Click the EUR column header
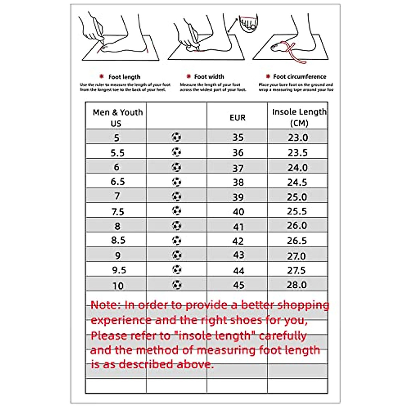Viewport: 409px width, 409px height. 237,118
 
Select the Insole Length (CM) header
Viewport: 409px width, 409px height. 299,117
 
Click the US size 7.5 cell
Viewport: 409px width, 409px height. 118,212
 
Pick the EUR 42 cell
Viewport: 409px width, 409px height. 238,241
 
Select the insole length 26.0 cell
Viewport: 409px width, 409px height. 297,226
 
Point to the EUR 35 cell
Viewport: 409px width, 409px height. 238,137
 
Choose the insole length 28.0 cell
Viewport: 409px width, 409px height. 297,285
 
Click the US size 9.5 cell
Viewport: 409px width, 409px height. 119,270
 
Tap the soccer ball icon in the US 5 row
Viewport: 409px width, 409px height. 177,137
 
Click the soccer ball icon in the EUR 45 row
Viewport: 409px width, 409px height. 177,284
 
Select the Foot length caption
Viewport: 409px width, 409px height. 124,77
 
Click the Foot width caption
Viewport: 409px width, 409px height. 209,77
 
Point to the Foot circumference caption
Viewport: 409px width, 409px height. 299,77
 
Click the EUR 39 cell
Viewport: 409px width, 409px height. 238,197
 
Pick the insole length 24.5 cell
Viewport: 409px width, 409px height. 297,182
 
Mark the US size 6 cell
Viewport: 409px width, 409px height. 117,167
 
